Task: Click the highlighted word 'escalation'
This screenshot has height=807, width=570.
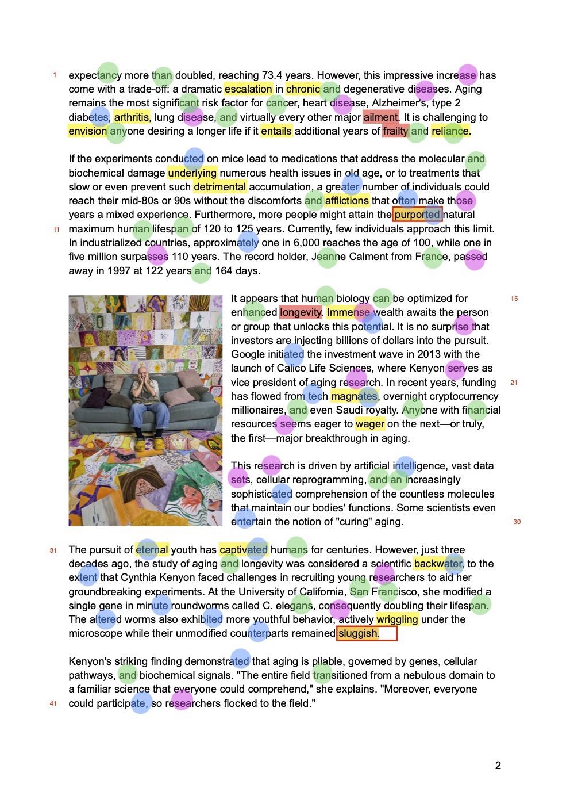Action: click(x=248, y=89)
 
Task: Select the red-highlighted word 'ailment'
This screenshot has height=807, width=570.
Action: click(x=380, y=117)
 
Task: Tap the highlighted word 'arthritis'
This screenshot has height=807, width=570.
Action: click(x=132, y=117)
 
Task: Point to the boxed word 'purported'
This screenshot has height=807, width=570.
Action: click(x=417, y=215)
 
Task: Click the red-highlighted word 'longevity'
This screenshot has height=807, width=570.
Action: click(x=301, y=312)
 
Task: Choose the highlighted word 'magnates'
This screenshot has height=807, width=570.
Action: click(x=354, y=396)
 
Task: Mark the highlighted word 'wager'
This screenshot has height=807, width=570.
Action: click(x=370, y=424)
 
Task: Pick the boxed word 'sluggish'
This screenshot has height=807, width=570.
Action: click(x=358, y=633)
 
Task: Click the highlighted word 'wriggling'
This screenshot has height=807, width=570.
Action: click(x=397, y=619)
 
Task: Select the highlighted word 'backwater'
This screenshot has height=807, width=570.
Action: click(x=438, y=564)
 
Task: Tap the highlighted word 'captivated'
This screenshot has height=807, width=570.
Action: click(x=244, y=550)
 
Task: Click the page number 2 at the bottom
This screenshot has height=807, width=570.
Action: click(x=498, y=766)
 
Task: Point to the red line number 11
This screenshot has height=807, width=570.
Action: click(x=56, y=230)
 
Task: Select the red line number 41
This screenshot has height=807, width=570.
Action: click(x=53, y=703)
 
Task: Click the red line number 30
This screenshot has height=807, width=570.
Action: click(x=517, y=522)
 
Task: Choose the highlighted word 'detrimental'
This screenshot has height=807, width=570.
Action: click(x=219, y=187)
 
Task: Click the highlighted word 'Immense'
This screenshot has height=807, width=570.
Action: click(x=348, y=312)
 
